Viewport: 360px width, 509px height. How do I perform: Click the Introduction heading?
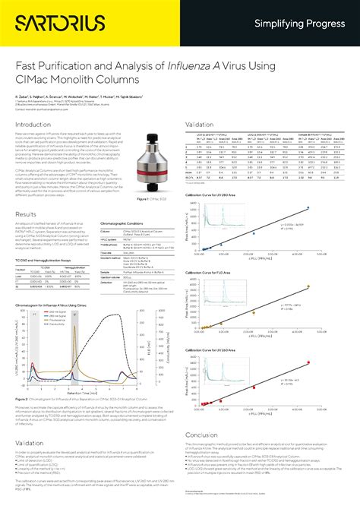(x=34, y=125)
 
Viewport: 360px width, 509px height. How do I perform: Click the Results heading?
(x=27, y=214)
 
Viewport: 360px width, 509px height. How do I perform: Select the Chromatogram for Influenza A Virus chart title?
(x=54, y=302)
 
